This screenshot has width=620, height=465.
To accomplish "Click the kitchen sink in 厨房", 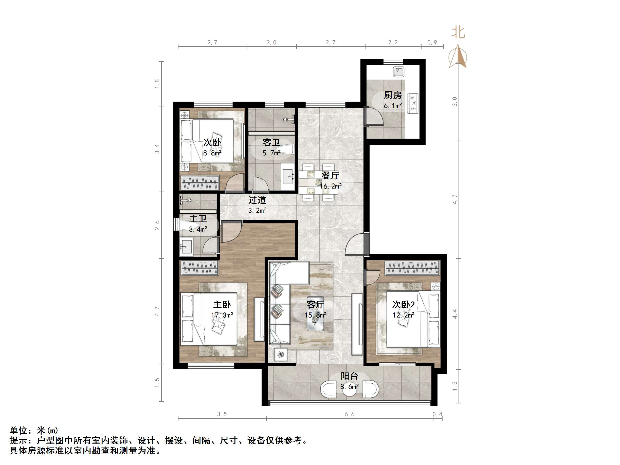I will click(x=398, y=72).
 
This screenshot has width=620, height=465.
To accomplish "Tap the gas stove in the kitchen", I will click(x=413, y=103).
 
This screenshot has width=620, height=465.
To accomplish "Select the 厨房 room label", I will click(x=392, y=95).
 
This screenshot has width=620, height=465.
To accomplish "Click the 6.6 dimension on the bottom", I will click(x=349, y=414).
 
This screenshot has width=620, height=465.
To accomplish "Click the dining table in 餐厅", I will click(x=318, y=182).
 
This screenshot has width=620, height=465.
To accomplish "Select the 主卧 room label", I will click(x=222, y=305).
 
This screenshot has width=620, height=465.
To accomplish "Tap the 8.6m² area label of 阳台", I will click(x=349, y=387).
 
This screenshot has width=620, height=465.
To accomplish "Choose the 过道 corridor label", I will click(x=257, y=200).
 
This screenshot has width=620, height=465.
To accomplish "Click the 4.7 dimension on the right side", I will click(x=455, y=199).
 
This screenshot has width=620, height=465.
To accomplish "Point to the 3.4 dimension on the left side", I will click(x=157, y=149).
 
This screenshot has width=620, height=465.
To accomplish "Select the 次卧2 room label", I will click(x=403, y=305).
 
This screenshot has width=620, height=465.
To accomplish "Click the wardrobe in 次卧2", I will click(x=412, y=268).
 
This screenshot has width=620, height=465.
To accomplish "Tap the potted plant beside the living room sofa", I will click(x=281, y=355).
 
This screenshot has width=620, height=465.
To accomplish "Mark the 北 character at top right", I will click(x=458, y=32).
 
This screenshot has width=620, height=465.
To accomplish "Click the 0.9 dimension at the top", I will click(x=432, y=42).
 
